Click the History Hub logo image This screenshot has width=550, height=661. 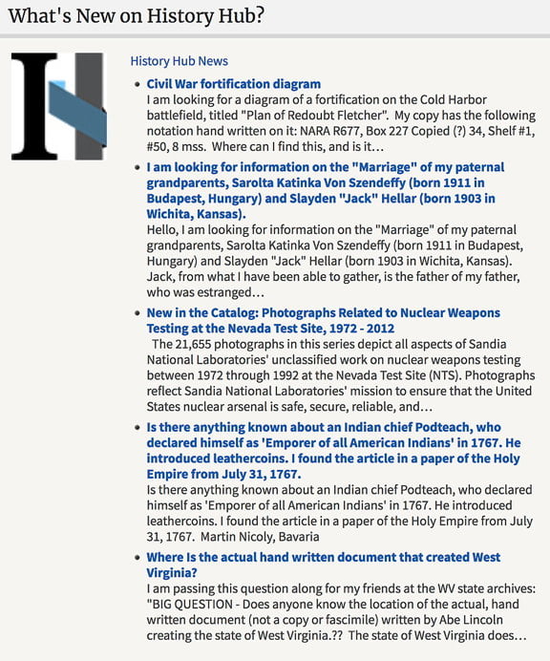57,105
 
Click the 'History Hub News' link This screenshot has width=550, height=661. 179,61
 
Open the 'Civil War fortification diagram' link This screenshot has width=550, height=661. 235,84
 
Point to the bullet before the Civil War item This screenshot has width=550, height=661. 137,85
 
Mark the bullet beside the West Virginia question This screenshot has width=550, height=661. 137,558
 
